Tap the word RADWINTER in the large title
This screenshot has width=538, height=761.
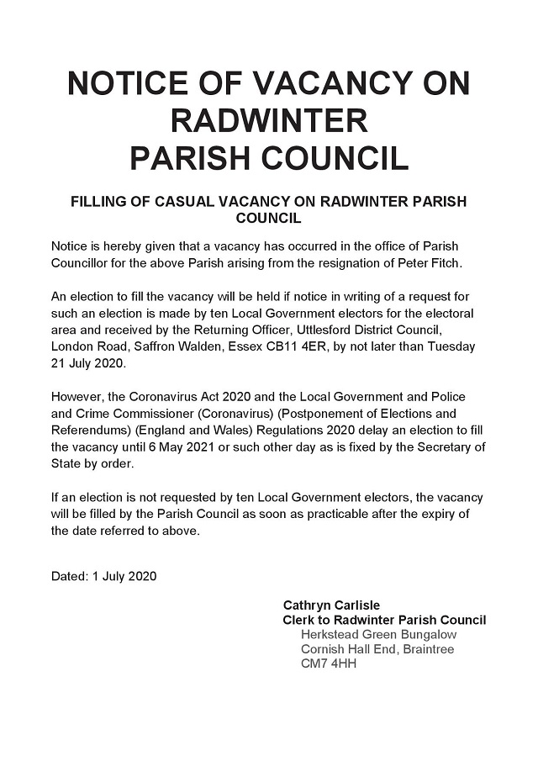tap(269, 121)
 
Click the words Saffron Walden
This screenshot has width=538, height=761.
tap(169, 346)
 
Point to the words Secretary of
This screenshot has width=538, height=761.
tap(447, 447)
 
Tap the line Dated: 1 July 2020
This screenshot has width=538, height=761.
tap(103, 577)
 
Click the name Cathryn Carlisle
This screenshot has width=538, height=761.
tap(331, 605)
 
